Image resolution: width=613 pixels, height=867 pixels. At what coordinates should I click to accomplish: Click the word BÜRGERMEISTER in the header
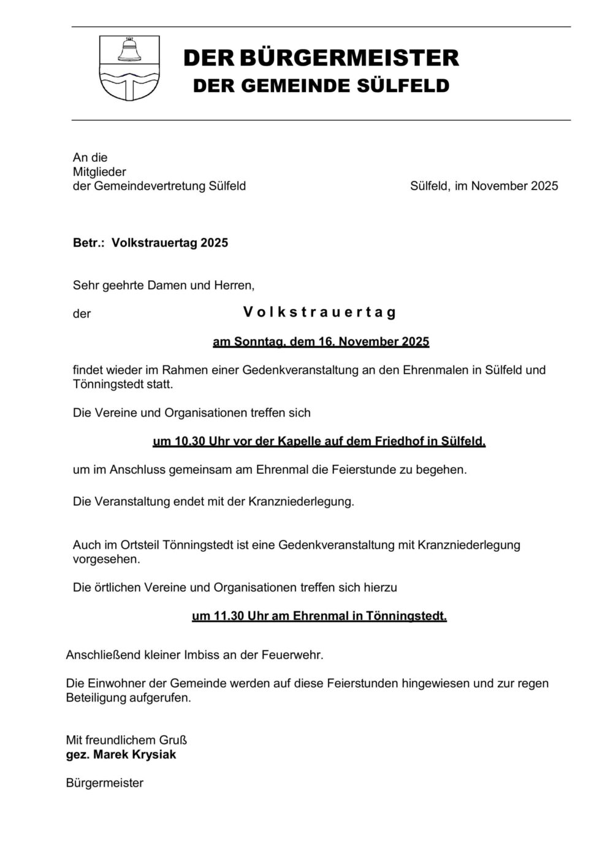pyautogui.click(x=349, y=58)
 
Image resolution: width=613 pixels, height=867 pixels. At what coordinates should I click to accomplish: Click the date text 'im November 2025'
pyautogui.click(x=506, y=186)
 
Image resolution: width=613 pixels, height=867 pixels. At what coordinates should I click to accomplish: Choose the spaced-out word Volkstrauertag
pyautogui.click(x=319, y=313)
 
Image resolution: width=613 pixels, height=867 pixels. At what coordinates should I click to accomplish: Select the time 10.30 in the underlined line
pyautogui.click(x=188, y=441)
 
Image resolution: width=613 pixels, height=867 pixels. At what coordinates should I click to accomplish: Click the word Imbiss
pyautogui.click(x=202, y=655)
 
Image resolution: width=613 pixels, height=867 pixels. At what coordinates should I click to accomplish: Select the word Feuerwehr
pyautogui.click(x=294, y=655)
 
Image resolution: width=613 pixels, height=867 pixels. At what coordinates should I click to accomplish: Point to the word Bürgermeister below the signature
pyautogui.click(x=104, y=783)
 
